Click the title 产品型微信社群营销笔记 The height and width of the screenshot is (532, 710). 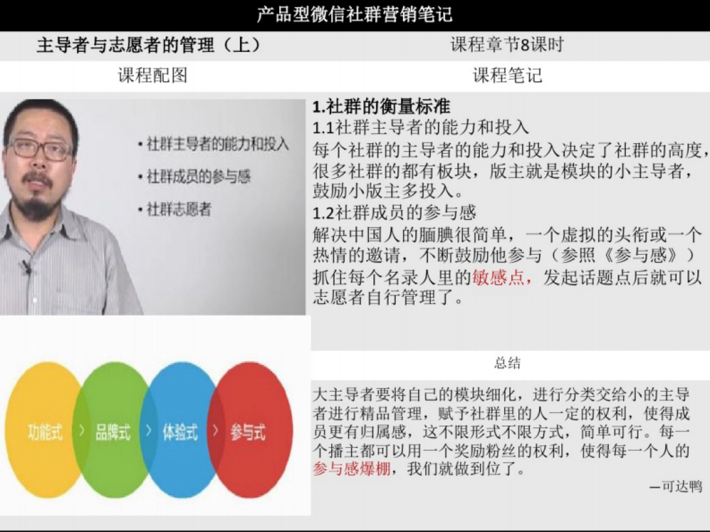coord(354,14)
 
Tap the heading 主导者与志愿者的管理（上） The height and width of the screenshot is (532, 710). coord(149,46)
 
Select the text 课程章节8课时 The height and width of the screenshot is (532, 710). coord(507,45)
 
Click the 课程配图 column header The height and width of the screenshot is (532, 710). coord(153,76)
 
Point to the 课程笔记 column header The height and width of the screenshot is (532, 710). coord(507,76)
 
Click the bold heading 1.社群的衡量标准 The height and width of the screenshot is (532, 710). coord(382,107)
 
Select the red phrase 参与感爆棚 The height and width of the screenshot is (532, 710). coord(351,471)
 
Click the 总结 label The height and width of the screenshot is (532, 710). coord(507,364)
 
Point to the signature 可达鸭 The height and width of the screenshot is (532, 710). coord(680,486)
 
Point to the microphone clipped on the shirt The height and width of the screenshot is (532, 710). coord(25,266)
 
